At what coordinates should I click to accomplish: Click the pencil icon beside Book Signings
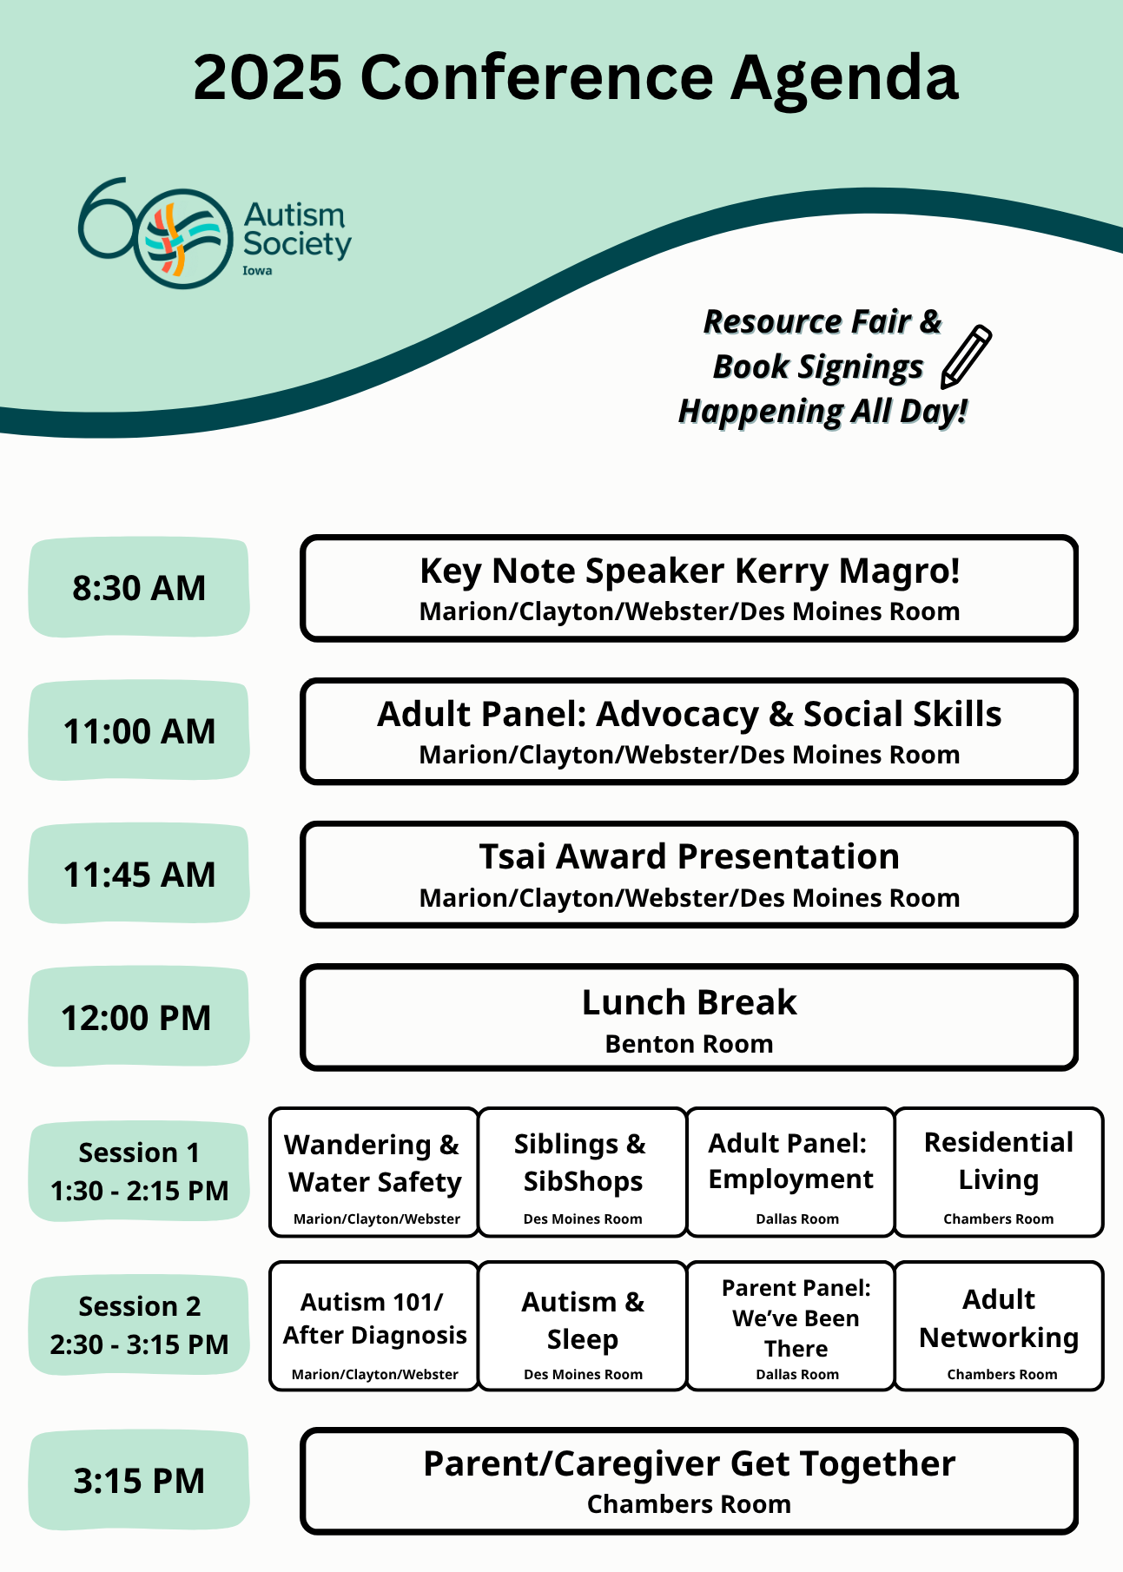[x=966, y=356]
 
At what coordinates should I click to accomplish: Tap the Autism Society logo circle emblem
[x=182, y=238]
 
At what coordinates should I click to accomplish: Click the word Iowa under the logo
[x=257, y=271]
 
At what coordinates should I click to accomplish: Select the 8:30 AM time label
[x=139, y=588]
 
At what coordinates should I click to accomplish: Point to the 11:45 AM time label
[x=139, y=875]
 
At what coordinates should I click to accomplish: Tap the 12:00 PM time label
[x=136, y=1018]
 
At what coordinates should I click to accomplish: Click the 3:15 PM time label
[x=139, y=1481]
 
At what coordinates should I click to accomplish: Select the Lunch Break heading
[x=689, y=1002]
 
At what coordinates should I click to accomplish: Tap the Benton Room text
[x=689, y=1044]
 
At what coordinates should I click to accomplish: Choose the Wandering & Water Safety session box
[x=374, y=1172]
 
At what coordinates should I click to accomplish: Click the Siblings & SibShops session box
[x=582, y=1172]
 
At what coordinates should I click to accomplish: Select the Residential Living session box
[x=999, y=1172]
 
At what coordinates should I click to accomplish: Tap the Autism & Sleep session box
[x=582, y=1325]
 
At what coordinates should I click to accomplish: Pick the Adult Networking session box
[x=999, y=1325]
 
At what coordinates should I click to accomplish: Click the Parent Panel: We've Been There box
[x=791, y=1325]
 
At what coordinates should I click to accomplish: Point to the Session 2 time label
[x=139, y=1325]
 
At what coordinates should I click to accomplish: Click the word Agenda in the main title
[x=844, y=78]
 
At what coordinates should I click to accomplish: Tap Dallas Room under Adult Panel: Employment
[x=797, y=1219]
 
